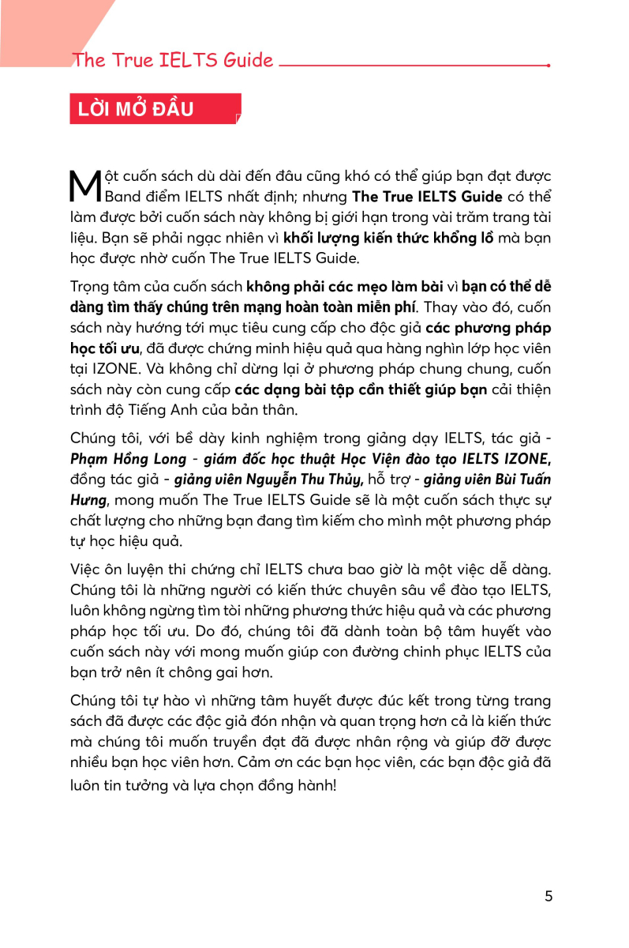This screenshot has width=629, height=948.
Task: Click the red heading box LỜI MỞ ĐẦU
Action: coord(155,109)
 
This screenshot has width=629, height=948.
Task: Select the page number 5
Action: coord(549,896)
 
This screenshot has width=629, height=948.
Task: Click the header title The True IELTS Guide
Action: coord(173,61)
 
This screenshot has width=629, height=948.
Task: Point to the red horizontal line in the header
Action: coord(414,66)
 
